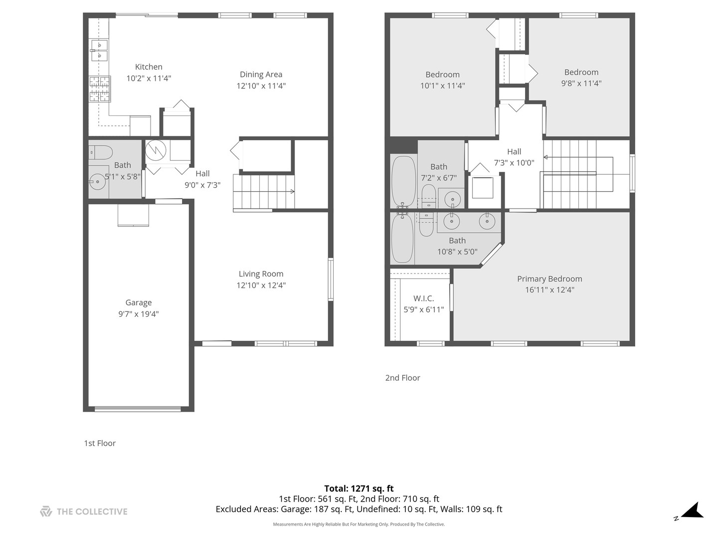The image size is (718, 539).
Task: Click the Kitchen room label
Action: pyautogui.click(x=149, y=67)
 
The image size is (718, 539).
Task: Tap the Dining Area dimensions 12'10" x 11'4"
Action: pyautogui.click(x=261, y=86)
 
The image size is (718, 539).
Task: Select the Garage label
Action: pyautogui.click(x=138, y=302)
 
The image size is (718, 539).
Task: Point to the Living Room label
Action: pyautogui.click(x=261, y=273)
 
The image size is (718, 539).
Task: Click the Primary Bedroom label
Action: pyautogui.click(x=549, y=278)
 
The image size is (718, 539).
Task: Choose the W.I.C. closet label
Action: pyautogui.click(x=423, y=298)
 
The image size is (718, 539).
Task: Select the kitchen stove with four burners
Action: pyautogui.click(x=99, y=89)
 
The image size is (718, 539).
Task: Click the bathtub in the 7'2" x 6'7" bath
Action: pyautogui.click(x=403, y=181)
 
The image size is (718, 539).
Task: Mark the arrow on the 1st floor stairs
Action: pyautogui.click(x=292, y=192)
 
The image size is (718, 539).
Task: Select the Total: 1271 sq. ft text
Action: pyautogui.click(x=359, y=489)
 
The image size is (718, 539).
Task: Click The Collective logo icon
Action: pyautogui.click(x=46, y=511)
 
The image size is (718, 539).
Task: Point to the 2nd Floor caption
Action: pyautogui.click(x=402, y=378)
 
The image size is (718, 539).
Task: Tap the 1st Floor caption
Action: pyautogui.click(x=100, y=443)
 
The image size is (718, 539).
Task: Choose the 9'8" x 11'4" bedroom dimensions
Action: pyautogui.click(x=581, y=83)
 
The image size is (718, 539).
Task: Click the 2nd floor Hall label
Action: pyautogui.click(x=514, y=152)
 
